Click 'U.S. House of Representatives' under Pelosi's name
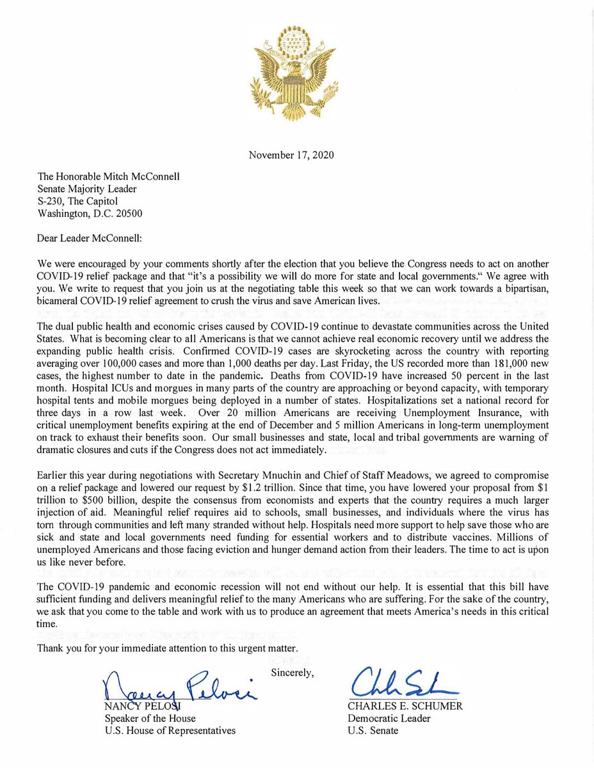[x=170, y=730]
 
